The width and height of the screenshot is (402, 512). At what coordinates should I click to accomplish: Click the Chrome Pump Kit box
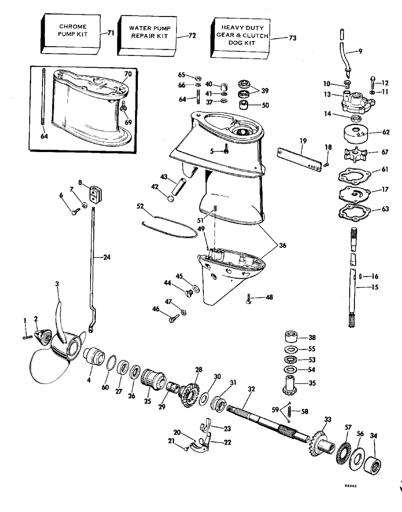(71, 33)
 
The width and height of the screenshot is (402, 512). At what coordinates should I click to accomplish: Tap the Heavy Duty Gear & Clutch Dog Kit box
(240, 37)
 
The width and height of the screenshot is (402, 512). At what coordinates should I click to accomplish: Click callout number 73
(293, 38)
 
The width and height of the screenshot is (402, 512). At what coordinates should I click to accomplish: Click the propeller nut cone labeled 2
(43, 337)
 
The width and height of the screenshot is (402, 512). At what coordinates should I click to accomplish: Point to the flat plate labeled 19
(299, 158)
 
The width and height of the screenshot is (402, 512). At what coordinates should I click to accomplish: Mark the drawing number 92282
(351, 490)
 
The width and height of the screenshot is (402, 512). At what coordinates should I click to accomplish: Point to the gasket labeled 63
(355, 212)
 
